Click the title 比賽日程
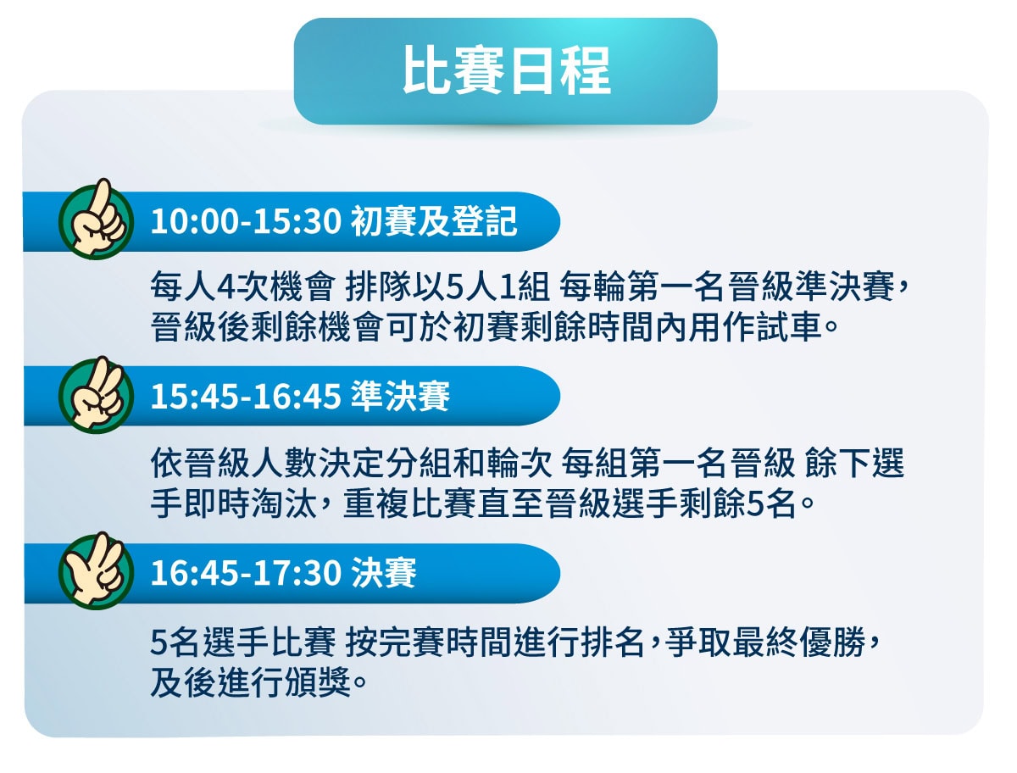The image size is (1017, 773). tap(507, 71)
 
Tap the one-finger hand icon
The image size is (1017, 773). tap(96, 219)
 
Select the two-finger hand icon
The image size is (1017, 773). tap(96, 395)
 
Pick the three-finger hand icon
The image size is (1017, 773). tap(96, 571)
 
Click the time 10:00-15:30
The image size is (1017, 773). tap(246, 221)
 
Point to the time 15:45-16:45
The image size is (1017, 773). tap(246, 397)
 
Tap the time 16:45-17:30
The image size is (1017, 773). tap(246, 573)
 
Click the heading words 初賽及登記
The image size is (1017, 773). tap(434, 221)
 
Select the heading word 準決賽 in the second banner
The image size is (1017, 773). tap(400, 397)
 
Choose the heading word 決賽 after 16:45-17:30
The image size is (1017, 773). tap(384, 573)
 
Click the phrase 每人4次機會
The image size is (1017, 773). tap(242, 286)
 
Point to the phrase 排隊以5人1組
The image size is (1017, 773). tap(447, 286)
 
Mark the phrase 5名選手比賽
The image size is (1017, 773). tap(242, 642)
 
